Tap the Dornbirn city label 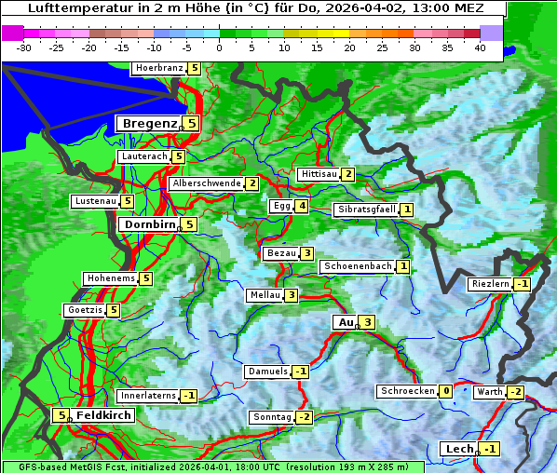tap(148, 224)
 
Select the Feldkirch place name tap(103, 415)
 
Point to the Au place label tap(345, 322)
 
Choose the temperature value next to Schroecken tap(446, 391)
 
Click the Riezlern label tap(490, 283)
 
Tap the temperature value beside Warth tap(515, 392)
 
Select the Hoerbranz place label tap(157, 68)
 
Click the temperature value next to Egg tap(301, 206)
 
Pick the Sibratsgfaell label tap(366, 209)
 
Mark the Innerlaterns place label tap(148, 396)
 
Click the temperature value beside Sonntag tap(304, 416)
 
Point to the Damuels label tap(267, 372)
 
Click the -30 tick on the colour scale tap(24, 47)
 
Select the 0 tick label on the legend tap(219, 47)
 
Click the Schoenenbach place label tap(356, 266)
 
